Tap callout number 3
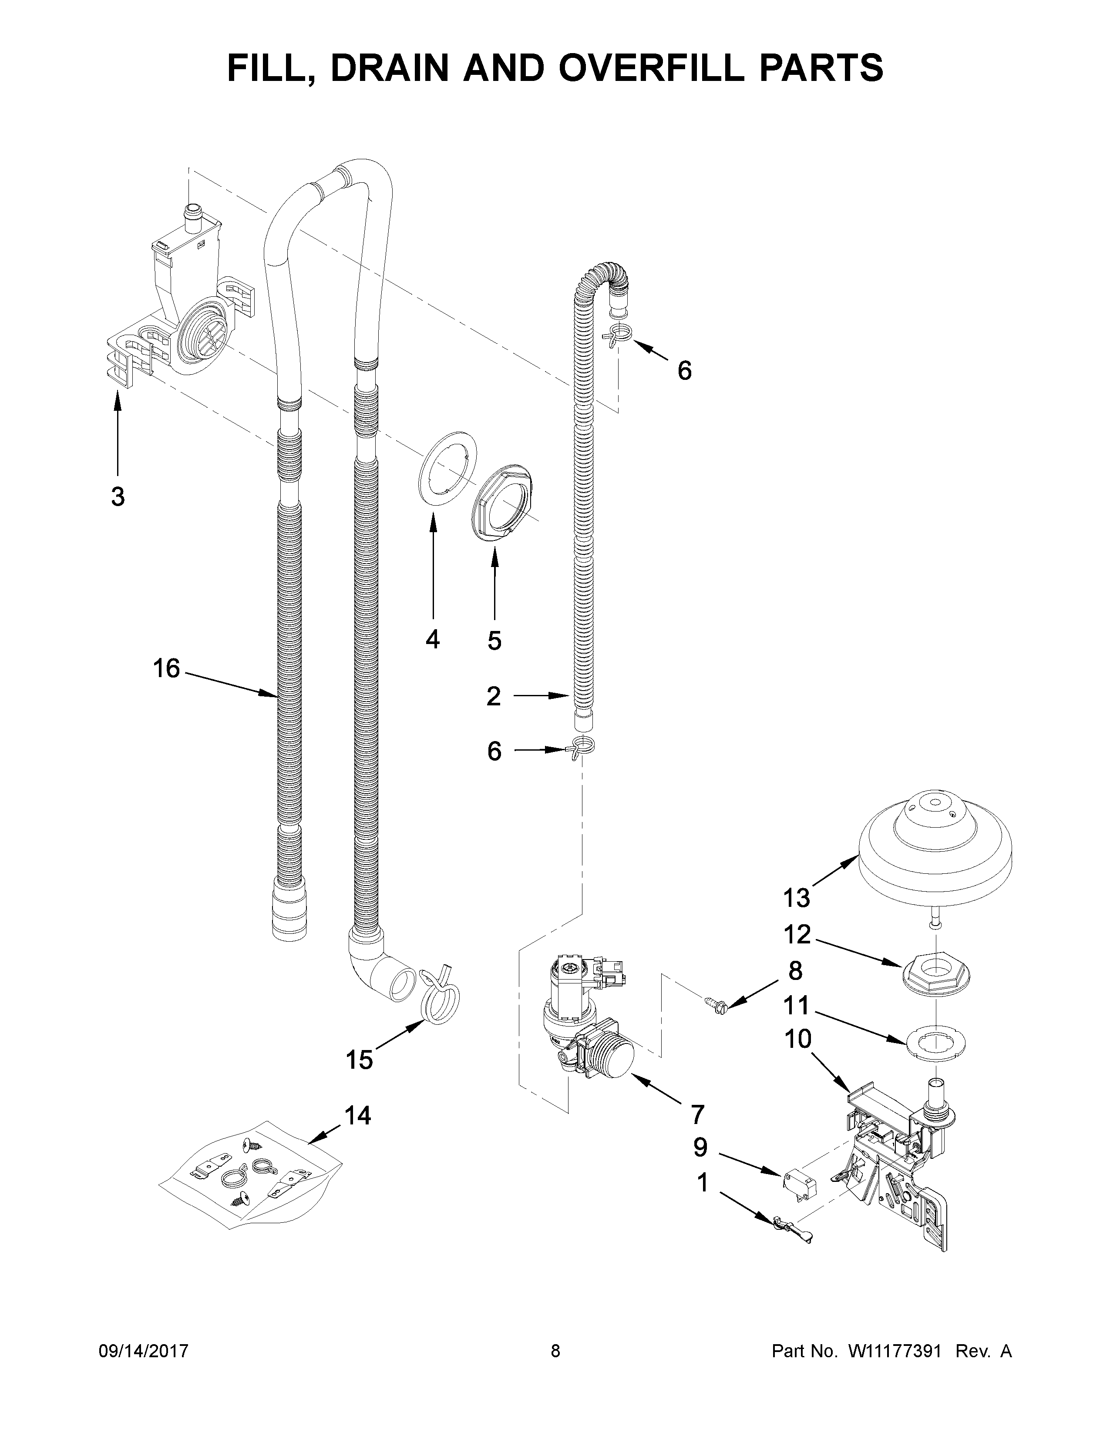click(118, 497)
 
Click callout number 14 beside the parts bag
click(358, 1115)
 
